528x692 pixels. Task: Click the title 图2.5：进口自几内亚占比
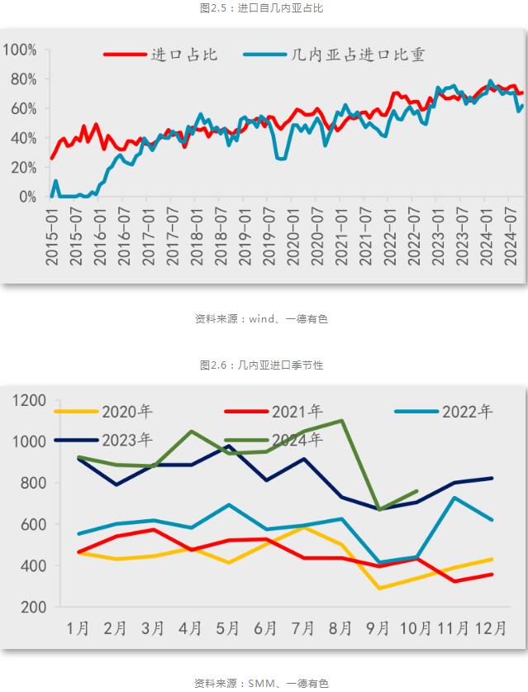coord(264,8)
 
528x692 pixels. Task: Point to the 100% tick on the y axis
coord(20,50)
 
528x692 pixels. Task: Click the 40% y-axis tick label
coord(22,138)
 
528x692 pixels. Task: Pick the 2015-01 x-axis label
coord(52,236)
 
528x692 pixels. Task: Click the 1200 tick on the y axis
coord(30,400)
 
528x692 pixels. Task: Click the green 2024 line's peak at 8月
coord(341,421)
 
